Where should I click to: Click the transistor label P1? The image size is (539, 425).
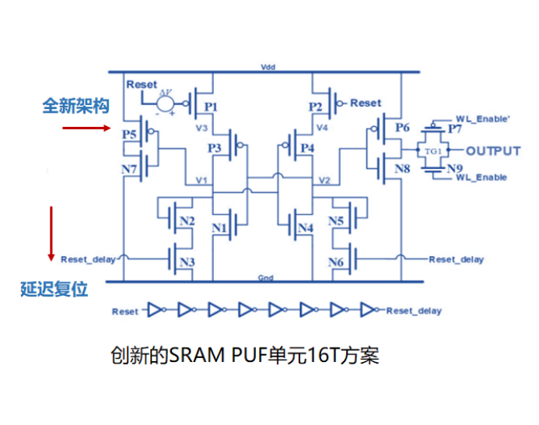tap(210, 107)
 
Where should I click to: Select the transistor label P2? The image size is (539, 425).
tap(315, 107)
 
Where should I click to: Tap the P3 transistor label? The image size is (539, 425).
tap(215, 147)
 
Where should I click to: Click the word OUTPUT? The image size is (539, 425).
tap(493, 150)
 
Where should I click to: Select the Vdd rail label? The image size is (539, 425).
tap(269, 68)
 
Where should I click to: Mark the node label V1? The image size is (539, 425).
tap(201, 180)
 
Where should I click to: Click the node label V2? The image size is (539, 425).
tap(325, 180)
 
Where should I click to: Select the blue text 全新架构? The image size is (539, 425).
tap(75, 106)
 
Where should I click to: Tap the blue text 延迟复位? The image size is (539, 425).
tap(54, 290)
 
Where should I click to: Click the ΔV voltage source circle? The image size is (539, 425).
tap(165, 100)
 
